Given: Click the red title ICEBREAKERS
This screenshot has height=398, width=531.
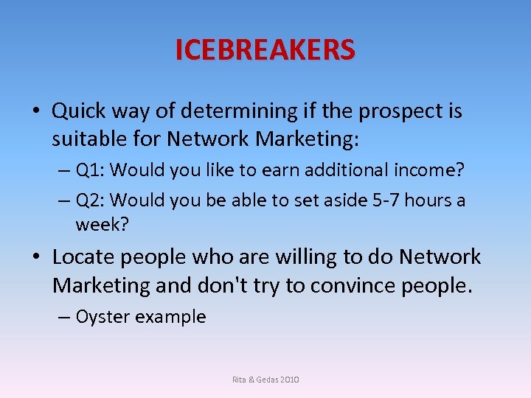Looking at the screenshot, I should click(x=265, y=50).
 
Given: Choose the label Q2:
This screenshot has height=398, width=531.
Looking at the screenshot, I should click(x=93, y=200).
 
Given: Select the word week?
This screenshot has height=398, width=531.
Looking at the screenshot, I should click(x=102, y=224).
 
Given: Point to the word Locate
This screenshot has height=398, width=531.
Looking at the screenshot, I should click(x=83, y=257).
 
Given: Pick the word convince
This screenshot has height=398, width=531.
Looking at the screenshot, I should click(x=355, y=284).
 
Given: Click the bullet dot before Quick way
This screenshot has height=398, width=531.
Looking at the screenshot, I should click(x=35, y=112).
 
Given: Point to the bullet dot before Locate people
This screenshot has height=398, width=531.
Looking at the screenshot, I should click(x=35, y=258).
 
